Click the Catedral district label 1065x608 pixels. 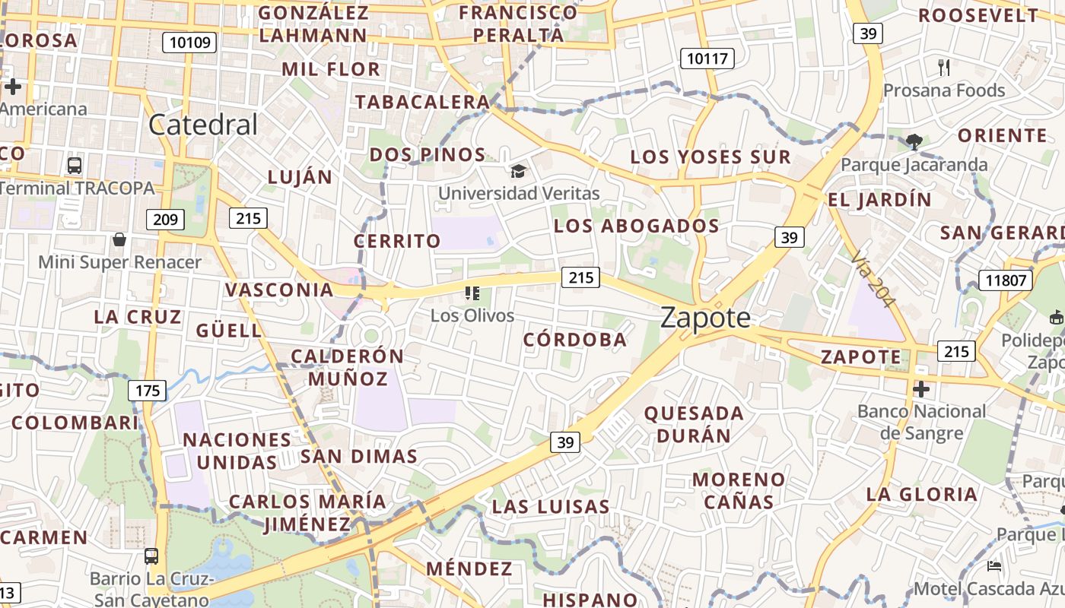coord(203,125)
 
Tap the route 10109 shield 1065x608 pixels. coord(189,43)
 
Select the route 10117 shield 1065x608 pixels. coord(707,58)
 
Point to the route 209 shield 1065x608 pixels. coord(165,220)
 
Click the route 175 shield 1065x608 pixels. coord(147,391)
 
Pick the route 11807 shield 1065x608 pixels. coord(1005,280)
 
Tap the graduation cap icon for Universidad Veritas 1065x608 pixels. coord(518,171)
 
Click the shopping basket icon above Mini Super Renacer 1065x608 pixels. coord(119,240)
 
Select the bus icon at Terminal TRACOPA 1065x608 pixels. coord(75,165)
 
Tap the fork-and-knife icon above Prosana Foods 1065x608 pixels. coord(944,68)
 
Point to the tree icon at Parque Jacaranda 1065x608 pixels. coord(914,141)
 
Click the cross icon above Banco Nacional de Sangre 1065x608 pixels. coord(921,390)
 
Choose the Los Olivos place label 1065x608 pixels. coord(472,315)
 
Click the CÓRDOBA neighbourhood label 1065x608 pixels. coord(575,340)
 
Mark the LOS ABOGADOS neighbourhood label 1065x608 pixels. coord(637,226)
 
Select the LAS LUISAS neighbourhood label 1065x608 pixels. coord(551,506)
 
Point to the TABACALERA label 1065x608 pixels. coord(422,102)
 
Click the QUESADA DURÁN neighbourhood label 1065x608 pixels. coord(694,424)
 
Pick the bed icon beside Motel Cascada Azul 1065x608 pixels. coord(994,566)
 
